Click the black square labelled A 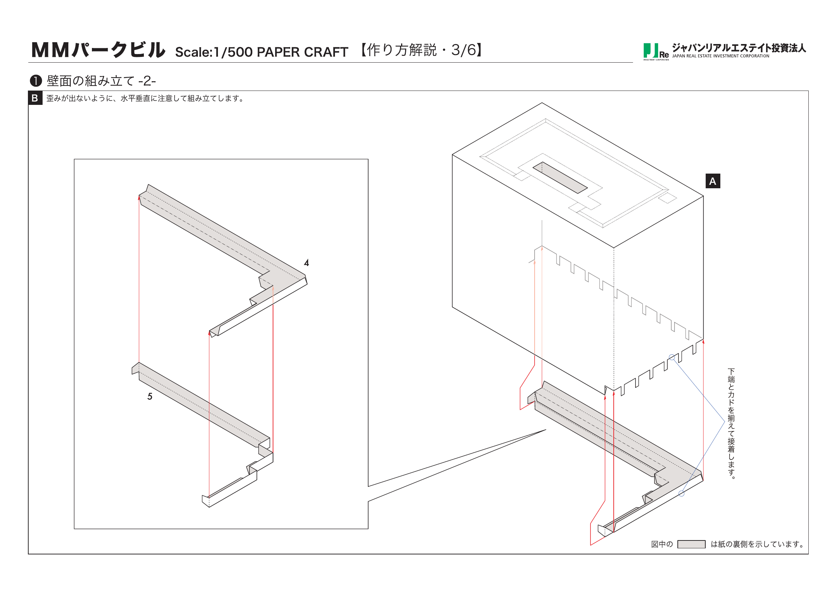(x=713, y=181)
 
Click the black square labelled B (x=35, y=98)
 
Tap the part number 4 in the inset (x=307, y=263)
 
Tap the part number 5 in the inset (x=150, y=397)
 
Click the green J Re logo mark (x=655, y=52)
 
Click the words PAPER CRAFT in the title (x=302, y=52)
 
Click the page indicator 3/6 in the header (x=463, y=50)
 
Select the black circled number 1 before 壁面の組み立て (x=36, y=81)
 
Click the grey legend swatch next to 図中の (x=691, y=544)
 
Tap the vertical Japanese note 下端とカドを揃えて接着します (x=731, y=423)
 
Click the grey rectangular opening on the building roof (x=560, y=178)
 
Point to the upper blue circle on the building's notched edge (x=672, y=357)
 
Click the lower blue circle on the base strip (x=681, y=494)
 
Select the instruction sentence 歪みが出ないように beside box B (x=146, y=98)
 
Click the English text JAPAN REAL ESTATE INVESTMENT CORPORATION (x=721, y=56)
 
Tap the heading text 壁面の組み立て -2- (x=101, y=81)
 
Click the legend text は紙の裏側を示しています (x=758, y=544)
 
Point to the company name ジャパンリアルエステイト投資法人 (x=739, y=48)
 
